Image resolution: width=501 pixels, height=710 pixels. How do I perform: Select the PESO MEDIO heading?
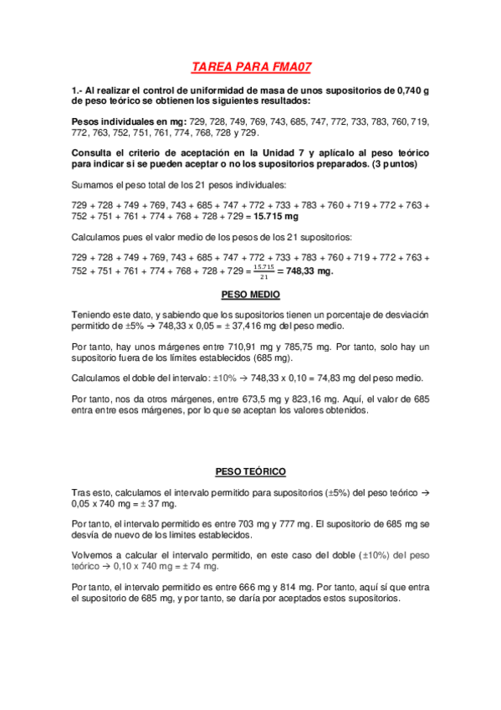(x=251, y=295)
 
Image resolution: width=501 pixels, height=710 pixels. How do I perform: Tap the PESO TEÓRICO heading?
(x=251, y=471)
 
